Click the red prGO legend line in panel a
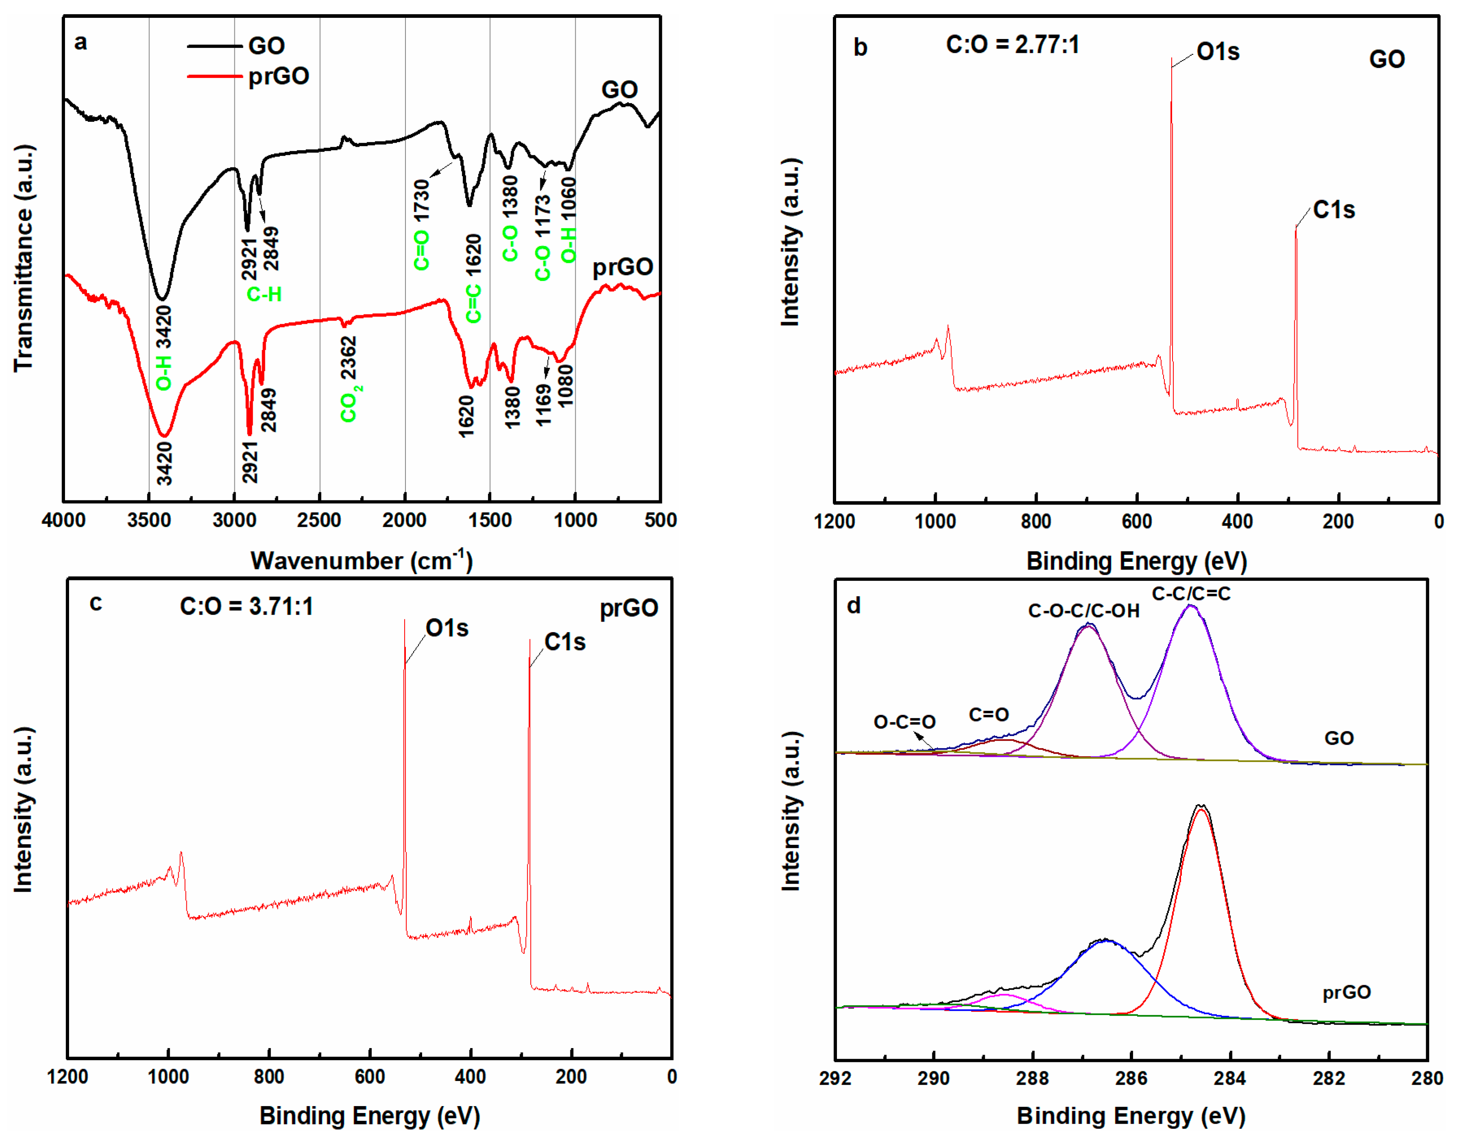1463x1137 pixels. [215, 76]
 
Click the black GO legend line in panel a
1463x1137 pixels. [215, 46]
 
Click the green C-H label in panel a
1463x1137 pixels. [264, 294]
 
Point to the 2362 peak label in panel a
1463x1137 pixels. [348, 357]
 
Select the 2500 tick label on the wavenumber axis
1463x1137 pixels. [319, 520]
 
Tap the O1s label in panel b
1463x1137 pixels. [1218, 52]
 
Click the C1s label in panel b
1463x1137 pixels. [1334, 210]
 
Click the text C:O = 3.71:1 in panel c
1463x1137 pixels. [247, 606]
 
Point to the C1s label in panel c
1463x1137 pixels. [565, 642]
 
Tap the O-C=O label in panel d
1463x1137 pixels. [904, 722]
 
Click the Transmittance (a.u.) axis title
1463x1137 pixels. [24, 258]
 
